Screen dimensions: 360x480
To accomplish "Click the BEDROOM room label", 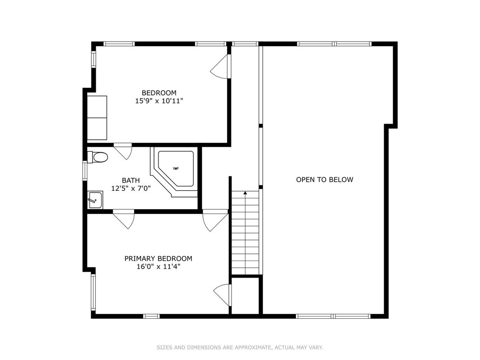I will tap(159, 93).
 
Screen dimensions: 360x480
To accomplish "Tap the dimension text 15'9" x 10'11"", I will tap(159, 101).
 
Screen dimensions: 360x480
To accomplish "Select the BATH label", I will tap(131, 180).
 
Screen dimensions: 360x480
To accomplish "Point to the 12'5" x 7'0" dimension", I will tap(131, 189).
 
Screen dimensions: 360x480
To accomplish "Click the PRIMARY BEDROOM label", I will tap(158, 259).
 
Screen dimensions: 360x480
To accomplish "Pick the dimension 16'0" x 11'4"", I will tap(158, 267).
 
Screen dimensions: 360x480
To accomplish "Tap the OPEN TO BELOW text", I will tap(325, 180).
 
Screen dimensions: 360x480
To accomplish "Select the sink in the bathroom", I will tap(95, 199).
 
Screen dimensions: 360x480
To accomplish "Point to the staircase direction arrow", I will tap(245, 193).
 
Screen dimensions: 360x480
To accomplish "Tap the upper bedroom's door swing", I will tap(221, 68).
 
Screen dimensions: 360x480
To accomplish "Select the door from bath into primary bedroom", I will tap(124, 219).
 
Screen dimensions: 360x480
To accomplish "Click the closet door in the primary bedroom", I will tap(222, 295).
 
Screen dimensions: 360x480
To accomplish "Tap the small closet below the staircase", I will tap(245, 296).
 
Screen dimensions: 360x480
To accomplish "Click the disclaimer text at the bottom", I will tap(240, 347).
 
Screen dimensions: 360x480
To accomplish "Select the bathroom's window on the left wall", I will tap(85, 171).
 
